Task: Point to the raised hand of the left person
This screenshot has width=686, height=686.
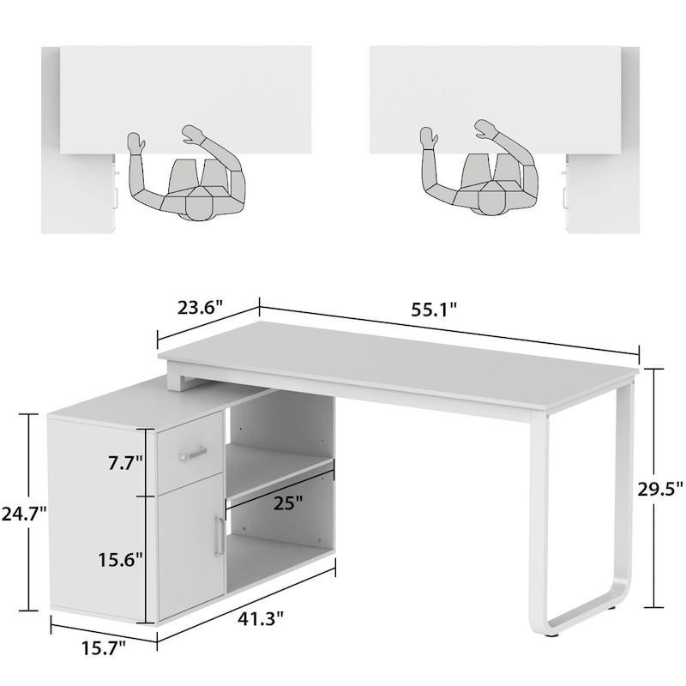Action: (195, 134)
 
